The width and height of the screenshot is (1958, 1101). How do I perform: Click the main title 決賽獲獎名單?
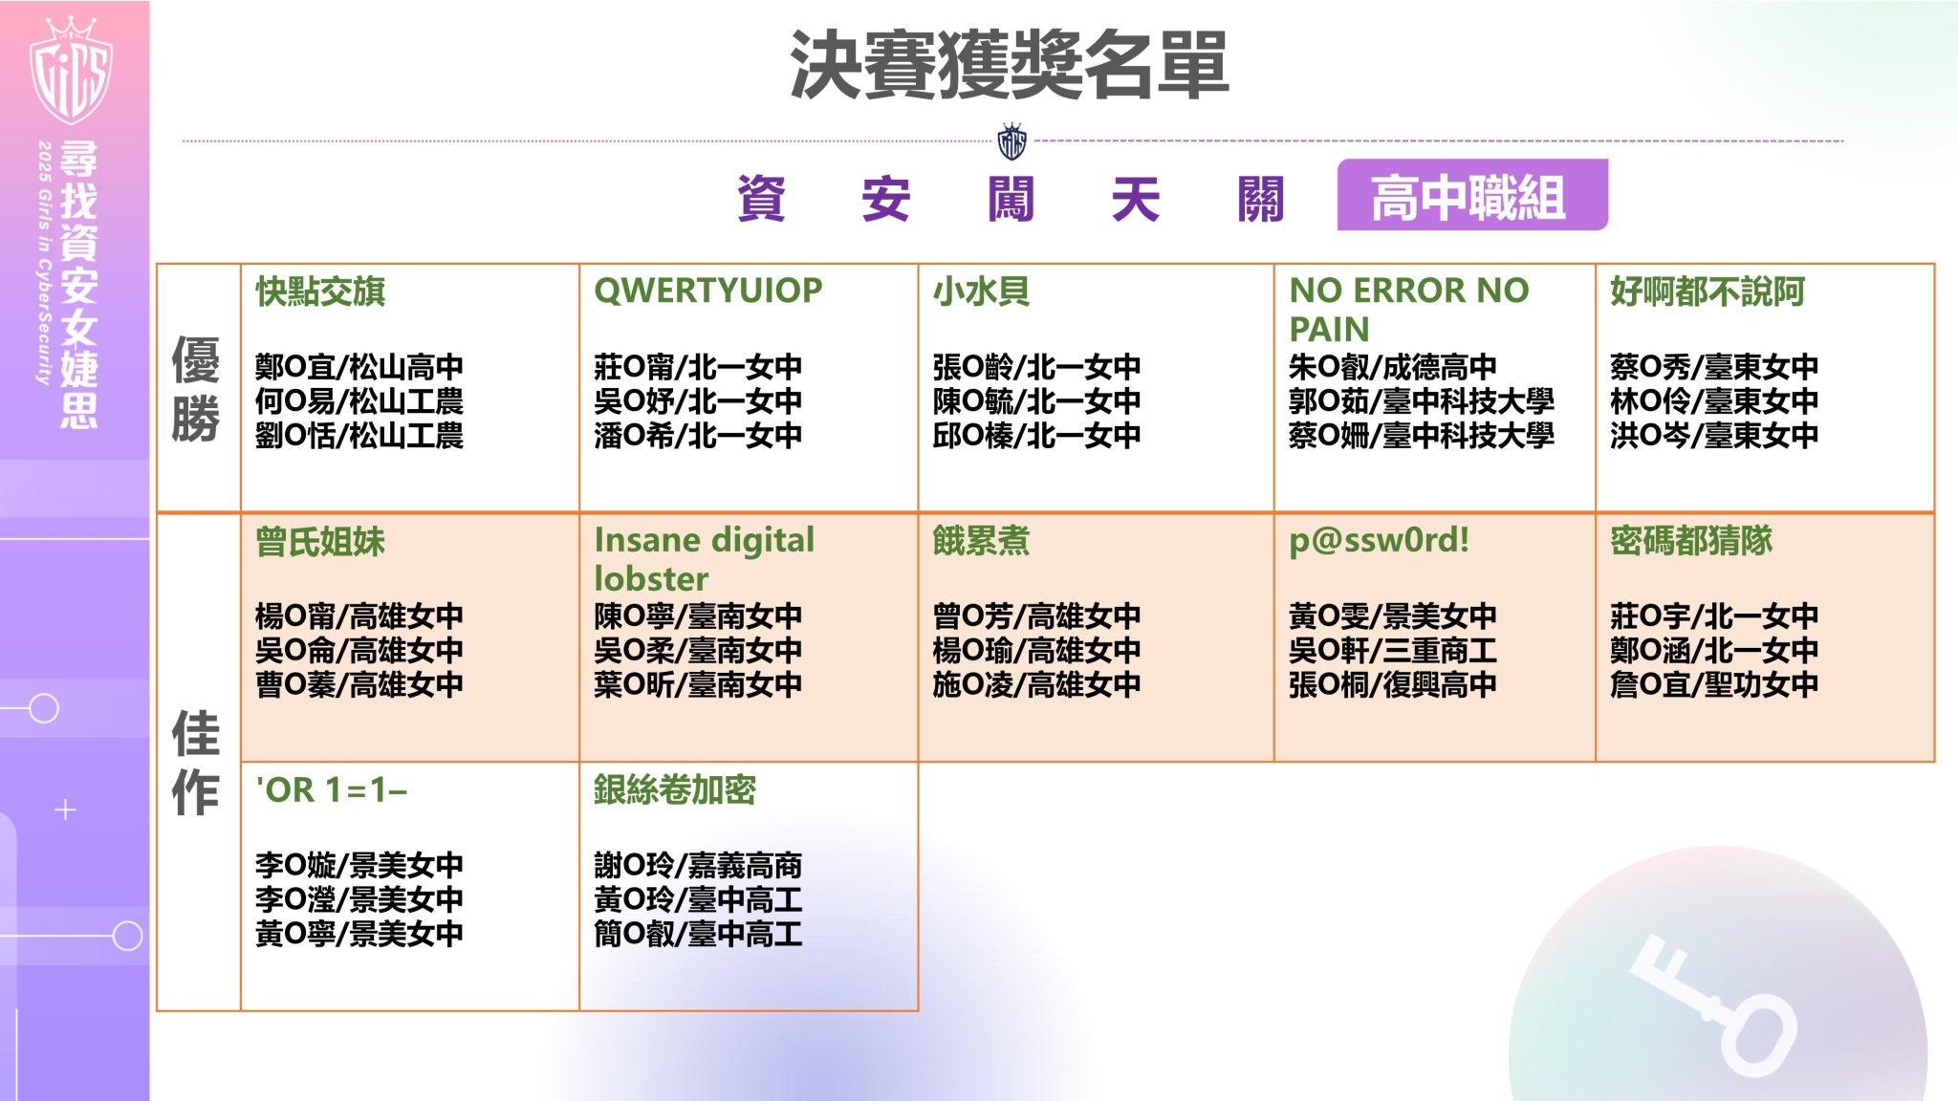[x=1009, y=65]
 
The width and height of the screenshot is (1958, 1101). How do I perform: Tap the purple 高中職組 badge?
[x=1471, y=196]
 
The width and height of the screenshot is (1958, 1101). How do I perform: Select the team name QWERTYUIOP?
[x=707, y=290]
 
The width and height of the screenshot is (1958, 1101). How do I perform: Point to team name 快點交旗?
[x=320, y=291]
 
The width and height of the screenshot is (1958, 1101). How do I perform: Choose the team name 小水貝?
[x=981, y=291]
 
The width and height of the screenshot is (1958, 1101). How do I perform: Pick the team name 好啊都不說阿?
[x=1707, y=291]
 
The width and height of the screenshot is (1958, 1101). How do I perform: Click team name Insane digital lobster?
[x=704, y=558]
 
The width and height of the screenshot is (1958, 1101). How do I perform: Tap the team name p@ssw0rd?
[x=1379, y=540]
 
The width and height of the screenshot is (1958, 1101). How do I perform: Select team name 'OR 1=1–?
[x=331, y=790]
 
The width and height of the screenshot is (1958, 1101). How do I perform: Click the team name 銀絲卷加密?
[x=674, y=789]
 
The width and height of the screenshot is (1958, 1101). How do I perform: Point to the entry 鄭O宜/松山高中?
[x=359, y=367]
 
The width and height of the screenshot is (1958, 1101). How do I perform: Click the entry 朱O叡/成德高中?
[x=1392, y=367]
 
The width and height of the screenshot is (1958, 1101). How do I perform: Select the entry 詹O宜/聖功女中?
[x=1713, y=684]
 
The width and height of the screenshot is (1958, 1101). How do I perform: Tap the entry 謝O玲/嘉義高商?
[x=698, y=865]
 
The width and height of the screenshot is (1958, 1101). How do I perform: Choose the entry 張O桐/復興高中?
[x=1392, y=684]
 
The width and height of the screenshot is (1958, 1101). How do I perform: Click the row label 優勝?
[x=196, y=388]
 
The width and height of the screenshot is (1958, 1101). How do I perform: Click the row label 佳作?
[x=196, y=762]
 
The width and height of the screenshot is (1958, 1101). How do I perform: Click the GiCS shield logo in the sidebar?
[x=72, y=72]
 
